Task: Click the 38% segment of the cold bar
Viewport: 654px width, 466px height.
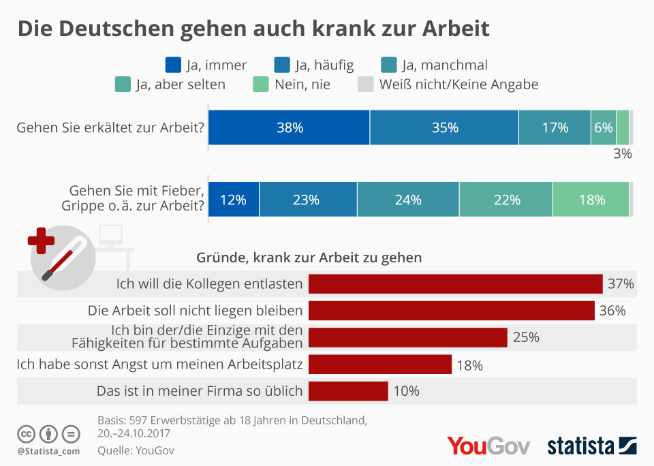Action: click(289, 127)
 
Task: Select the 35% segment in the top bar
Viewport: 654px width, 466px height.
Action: click(444, 127)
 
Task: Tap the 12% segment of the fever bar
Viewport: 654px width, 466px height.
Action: click(233, 200)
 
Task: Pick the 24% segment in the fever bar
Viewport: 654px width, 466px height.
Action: click(407, 200)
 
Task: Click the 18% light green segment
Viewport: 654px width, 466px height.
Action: click(591, 200)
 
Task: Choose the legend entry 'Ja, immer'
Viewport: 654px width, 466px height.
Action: click(206, 65)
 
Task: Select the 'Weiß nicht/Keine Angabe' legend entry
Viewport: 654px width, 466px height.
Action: click(448, 84)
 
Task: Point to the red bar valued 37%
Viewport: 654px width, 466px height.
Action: click(455, 283)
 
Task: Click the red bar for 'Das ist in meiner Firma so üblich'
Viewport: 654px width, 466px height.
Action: click(348, 391)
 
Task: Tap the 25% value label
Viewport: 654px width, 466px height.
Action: click(526, 337)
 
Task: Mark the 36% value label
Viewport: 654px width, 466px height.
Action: click(612, 311)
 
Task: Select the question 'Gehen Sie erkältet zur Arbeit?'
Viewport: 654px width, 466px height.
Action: click(110, 127)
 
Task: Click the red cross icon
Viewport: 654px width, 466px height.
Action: click(41, 240)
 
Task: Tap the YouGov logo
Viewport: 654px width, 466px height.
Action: click(488, 446)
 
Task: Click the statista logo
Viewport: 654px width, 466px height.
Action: click(591, 446)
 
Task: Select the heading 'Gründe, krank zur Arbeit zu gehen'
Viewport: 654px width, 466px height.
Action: click(309, 258)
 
